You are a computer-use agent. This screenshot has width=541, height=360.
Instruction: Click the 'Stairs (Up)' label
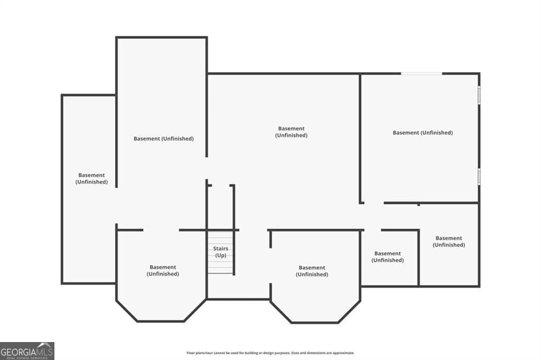(x=220, y=252)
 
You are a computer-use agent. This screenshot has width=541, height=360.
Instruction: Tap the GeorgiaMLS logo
(x=27, y=351)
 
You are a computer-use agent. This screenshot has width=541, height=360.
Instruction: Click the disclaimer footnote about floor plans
(x=270, y=353)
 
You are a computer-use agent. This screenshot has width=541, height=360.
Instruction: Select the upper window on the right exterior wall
(x=479, y=95)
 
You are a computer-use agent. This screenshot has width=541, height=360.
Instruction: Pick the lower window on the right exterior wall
(x=479, y=176)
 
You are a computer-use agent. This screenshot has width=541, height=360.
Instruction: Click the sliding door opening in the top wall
(x=421, y=73)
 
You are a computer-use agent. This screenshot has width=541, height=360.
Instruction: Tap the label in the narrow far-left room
(x=91, y=178)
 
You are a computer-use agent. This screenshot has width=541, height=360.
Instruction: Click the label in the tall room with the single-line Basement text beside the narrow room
(x=164, y=139)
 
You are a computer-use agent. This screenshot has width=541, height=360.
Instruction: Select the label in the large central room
(x=291, y=132)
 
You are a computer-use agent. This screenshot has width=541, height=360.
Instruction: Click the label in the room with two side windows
(x=423, y=133)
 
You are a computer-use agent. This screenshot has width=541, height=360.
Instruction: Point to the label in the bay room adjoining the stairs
(x=163, y=270)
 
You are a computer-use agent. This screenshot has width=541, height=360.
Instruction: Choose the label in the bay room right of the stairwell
(x=312, y=271)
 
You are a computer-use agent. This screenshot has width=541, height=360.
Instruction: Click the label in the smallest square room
(x=387, y=257)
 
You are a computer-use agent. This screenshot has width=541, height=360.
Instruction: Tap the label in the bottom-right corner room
(x=449, y=241)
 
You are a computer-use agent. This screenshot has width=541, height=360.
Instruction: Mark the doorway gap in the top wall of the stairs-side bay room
(x=161, y=230)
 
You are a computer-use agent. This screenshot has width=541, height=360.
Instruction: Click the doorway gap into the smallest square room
(x=372, y=230)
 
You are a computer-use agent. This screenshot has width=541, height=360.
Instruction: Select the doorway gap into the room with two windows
(x=374, y=203)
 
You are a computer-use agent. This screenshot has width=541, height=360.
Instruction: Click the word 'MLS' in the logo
(x=45, y=352)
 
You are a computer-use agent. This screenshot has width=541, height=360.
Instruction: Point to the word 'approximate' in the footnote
(x=343, y=353)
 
